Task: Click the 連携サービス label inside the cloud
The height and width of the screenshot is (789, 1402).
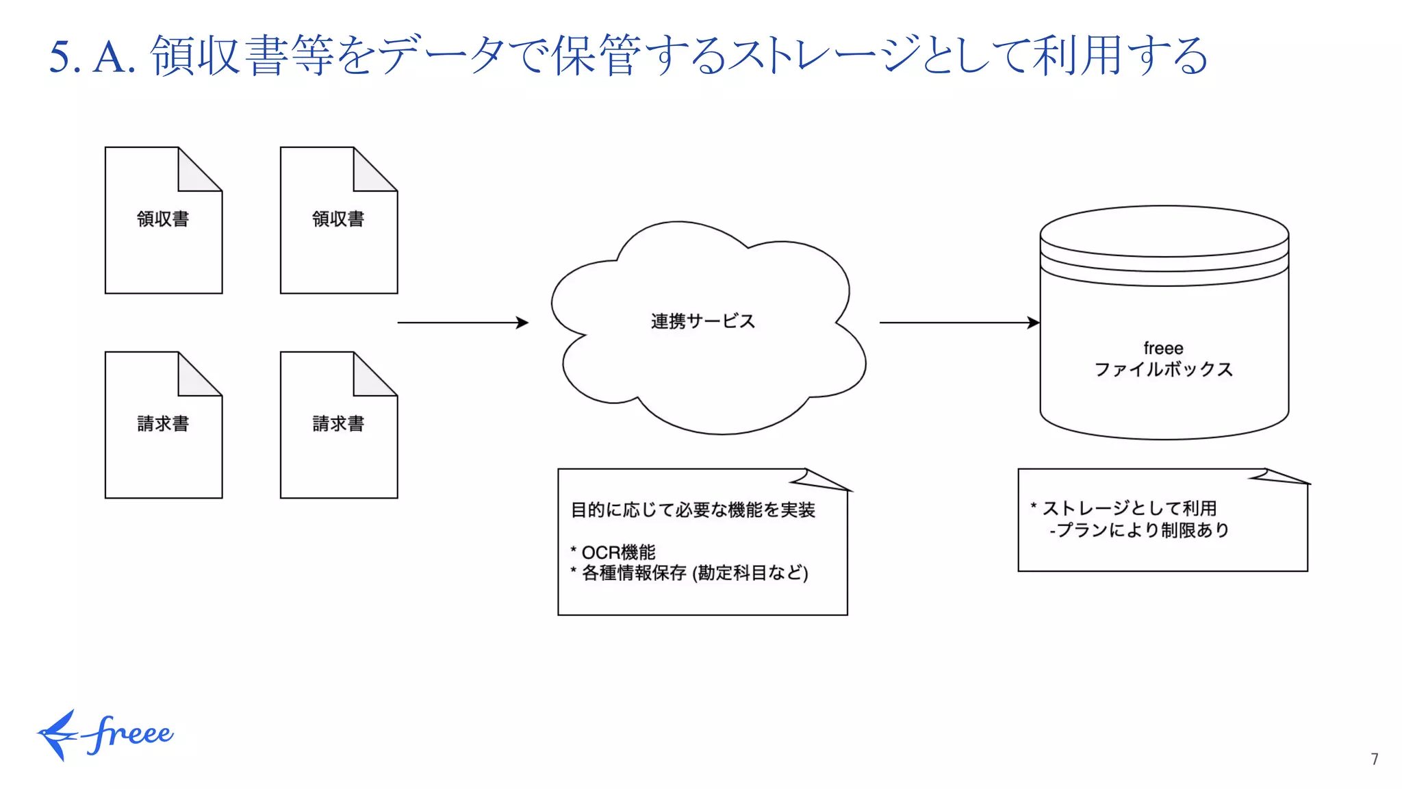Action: (x=702, y=321)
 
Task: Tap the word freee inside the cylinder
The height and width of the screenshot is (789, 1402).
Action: (x=1163, y=348)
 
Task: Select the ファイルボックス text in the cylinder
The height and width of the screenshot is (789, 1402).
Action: (x=1163, y=370)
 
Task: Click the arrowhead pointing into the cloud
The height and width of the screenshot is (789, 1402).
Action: (x=523, y=322)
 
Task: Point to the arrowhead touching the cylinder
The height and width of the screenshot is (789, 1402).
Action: (x=1034, y=322)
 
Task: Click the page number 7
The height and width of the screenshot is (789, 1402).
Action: (x=1374, y=759)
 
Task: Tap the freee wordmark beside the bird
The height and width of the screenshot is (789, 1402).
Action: (x=131, y=734)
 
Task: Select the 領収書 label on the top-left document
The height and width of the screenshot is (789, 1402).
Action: (x=163, y=219)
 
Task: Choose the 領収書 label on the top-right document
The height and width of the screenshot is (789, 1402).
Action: (x=338, y=219)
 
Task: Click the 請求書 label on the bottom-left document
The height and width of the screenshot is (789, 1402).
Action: (x=163, y=424)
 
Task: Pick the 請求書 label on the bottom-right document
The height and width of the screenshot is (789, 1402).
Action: (x=338, y=424)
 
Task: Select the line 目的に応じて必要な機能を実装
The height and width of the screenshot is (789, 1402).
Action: (x=693, y=510)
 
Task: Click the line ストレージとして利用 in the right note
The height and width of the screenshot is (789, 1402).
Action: (x=1128, y=508)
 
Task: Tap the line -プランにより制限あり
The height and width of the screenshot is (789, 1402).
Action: (x=1139, y=530)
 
